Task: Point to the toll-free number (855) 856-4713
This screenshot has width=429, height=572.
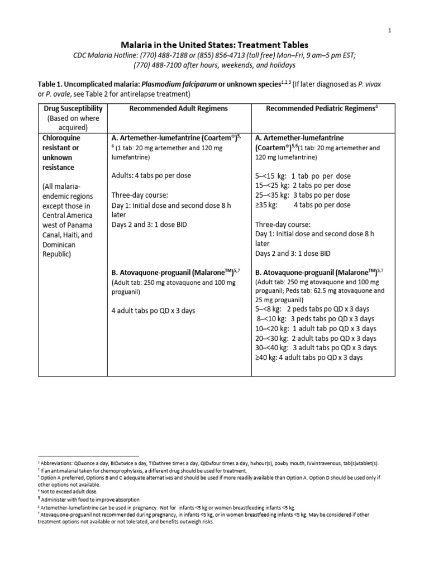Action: (233, 55)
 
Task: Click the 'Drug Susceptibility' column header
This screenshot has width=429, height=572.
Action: (73, 108)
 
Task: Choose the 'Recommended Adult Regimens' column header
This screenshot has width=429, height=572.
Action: (177, 108)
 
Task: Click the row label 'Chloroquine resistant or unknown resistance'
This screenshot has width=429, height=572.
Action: (61, 152)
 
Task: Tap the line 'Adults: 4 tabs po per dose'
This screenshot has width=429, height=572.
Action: (151, 175)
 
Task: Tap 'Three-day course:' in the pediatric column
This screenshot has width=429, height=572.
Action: (282, 225)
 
